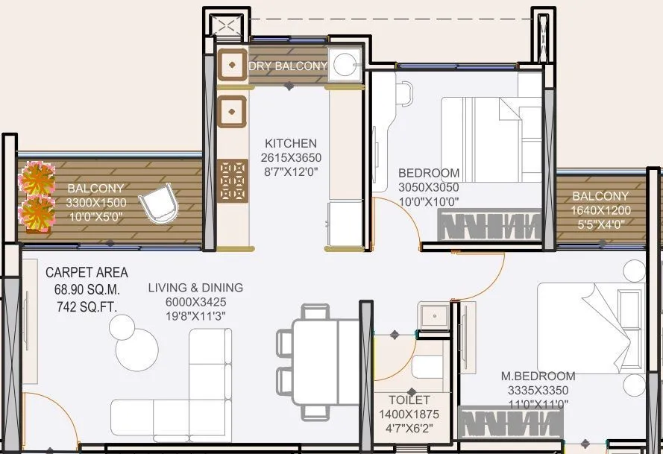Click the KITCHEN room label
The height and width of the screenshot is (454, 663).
[x=290, y=143]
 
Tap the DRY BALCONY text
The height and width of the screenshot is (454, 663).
[x=288, y=66]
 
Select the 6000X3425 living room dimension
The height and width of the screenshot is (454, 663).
[x=195, y=302]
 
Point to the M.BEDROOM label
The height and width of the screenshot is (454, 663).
[x=538, y=376]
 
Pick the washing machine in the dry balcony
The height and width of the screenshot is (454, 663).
[x=345, y=64]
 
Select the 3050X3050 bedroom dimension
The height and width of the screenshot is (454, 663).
[x=428, y=187]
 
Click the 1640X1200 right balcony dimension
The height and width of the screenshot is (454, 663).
[x=601, y=210]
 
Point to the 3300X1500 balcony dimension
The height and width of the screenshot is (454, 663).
[x=96, y=203]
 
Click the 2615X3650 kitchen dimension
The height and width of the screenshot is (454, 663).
[x=290, y=157]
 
